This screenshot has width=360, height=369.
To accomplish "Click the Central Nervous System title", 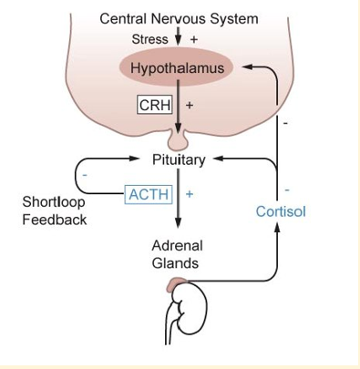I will pyautogui.click(x=179, y=18).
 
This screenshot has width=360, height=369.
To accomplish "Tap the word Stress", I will pyautogui.click(x=149, y=39).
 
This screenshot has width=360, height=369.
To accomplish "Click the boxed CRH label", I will pyautogui.click(x=154, y=105).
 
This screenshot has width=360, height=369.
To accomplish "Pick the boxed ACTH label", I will pyautogui.click(x=149, y=193).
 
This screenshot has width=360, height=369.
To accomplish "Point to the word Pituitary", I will pyautogui.click(x=179, y=159).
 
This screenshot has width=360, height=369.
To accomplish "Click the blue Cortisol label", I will pyautogui.click(x=281, y=211).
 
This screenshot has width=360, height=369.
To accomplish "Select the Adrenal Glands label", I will pyautogui.click(x=177, y=254).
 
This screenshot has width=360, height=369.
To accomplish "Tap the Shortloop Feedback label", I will pyautogui.click(x=55, y=210).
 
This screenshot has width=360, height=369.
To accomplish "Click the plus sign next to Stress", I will pyautogui.click(x=193, y=39).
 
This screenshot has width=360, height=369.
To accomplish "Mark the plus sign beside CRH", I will pyautogui.click(x=190, y=105).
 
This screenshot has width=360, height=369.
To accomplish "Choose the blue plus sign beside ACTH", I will pyautogui.click(x=190, y=194).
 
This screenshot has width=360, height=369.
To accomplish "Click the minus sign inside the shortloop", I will pyautogui.click(x=85, y=175).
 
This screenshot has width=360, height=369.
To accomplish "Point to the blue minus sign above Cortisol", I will pyautogui.click(x=286, y=190).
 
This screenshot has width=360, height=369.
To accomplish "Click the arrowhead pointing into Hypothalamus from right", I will pyautogui.click(x=247, y=67).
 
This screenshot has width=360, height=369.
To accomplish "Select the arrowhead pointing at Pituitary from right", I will pyautogui.click(x=217, y=159).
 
